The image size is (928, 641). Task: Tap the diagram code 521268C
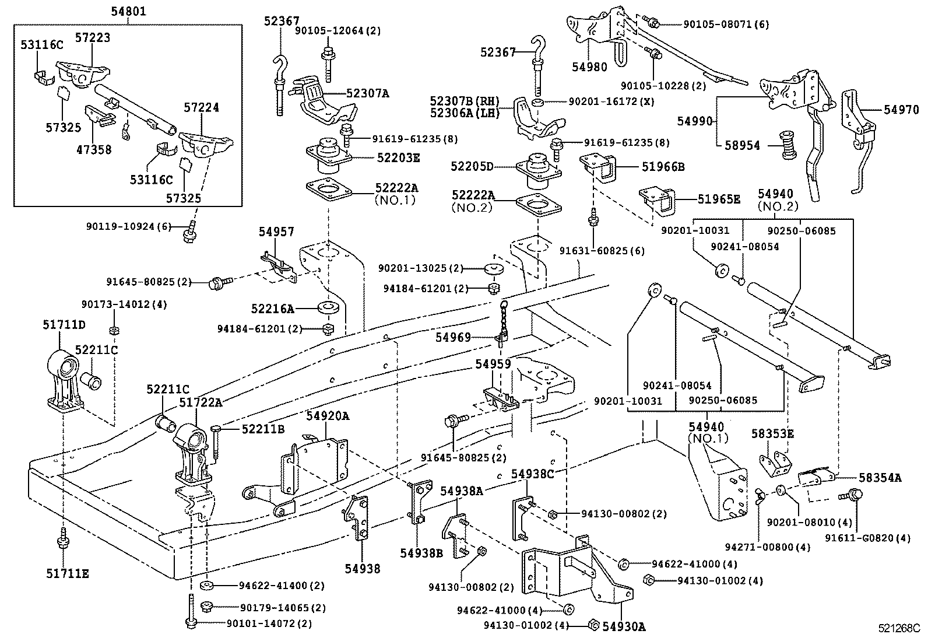[899, 628]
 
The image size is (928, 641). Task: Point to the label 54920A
[328, 416]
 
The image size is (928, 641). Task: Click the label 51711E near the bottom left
[68, 574]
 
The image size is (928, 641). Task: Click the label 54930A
[624, 626]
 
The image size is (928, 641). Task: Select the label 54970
[901, 109]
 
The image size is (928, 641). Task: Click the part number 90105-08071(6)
[726, 24]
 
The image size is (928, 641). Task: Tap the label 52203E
[398, 157]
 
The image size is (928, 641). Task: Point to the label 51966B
[663, 167]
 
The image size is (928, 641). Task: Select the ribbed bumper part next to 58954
[788, 146]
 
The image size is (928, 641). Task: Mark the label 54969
[453, 337]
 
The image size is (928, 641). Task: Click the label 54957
[276, 232]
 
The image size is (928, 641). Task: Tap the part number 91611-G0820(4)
[867, 538]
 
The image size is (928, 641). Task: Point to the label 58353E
[773, 434]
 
